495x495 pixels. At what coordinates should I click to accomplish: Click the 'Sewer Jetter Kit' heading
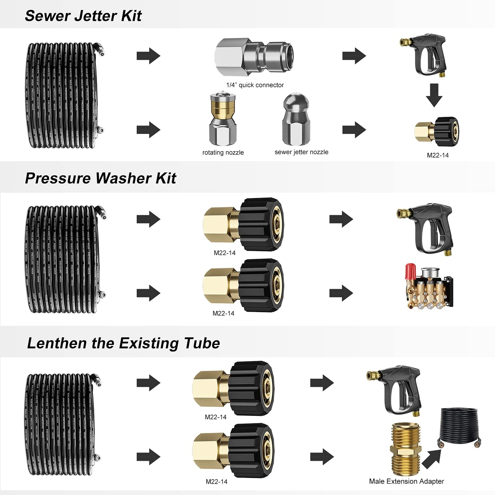(x=83, y=16)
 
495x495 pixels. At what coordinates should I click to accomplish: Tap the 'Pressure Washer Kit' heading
(x=100, y=178)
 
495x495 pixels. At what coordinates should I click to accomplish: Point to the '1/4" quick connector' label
(x=255, y=85)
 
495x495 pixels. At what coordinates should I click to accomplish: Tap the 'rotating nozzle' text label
(x=223, y=152)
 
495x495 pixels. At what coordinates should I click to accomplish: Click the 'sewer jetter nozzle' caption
(x=301, y=152)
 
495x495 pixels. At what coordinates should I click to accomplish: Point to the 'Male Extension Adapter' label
(x=406, y=481)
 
